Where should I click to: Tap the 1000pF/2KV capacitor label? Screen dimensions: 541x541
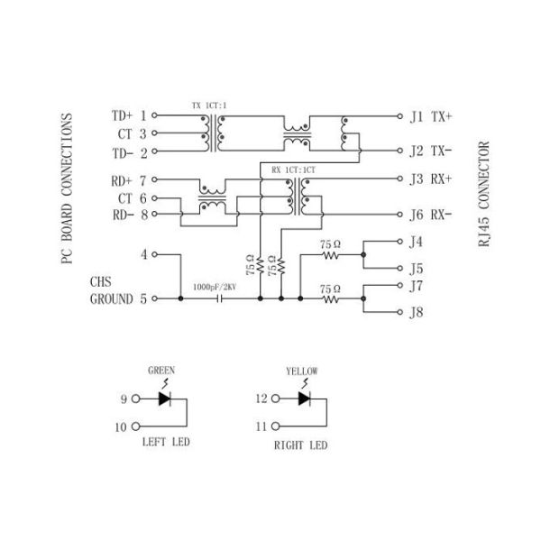point(215,288)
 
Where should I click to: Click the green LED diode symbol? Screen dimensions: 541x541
point(165,398)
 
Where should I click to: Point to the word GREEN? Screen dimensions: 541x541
point(160,370)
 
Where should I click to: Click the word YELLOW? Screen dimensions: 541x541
point(301,370)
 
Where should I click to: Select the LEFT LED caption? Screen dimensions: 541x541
point(168,445)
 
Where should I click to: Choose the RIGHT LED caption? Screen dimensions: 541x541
point(301,445)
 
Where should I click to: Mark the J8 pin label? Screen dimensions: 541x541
point(416,313)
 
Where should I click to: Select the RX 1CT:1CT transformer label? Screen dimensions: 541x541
point(292,170)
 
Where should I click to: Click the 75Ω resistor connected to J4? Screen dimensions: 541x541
point(329,256)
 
